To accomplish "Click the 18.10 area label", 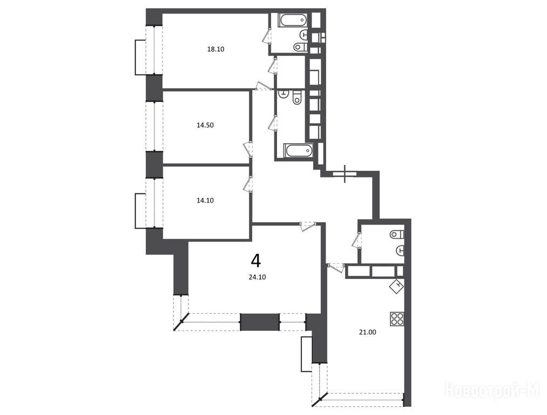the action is point(215,49).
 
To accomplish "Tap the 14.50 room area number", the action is point(205,125).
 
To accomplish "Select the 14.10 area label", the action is point(205,200).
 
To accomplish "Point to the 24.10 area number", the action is point(257,278).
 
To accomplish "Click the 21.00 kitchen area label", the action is point(368,332).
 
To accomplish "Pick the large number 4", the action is point(256,260).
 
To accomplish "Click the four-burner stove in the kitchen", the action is point(397,319).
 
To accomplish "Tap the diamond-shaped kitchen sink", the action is point(397,287).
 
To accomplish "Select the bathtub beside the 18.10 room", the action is point(293,20).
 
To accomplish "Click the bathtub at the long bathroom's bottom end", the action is point(299,151).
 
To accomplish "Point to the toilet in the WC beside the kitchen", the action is point(397,234).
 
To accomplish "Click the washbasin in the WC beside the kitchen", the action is point(400,250).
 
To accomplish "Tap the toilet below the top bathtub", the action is point(300,46).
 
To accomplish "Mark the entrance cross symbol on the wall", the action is point(345,173).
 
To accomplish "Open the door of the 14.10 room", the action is point(248,184).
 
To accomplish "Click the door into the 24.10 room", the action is point(308,226).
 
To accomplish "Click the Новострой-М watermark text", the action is point(492,390).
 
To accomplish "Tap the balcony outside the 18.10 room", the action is point(140,57).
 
